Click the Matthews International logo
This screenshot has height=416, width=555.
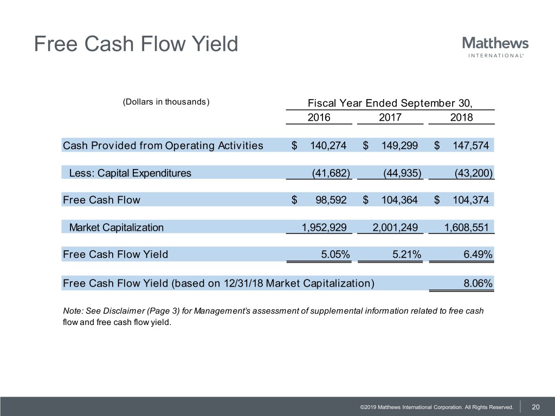click(495, 47)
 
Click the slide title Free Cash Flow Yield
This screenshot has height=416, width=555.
click(135, 44)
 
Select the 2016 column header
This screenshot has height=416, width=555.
click(319, 118)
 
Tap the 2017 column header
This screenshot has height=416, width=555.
click(390, 118)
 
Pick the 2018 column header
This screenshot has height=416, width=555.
click(461, 118)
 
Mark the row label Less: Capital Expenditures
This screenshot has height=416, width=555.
click(130, 173)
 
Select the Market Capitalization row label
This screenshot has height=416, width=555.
click(116, 227)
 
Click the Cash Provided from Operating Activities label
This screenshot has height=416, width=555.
click(163, 145)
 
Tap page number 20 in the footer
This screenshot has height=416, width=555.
click(535, 407)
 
